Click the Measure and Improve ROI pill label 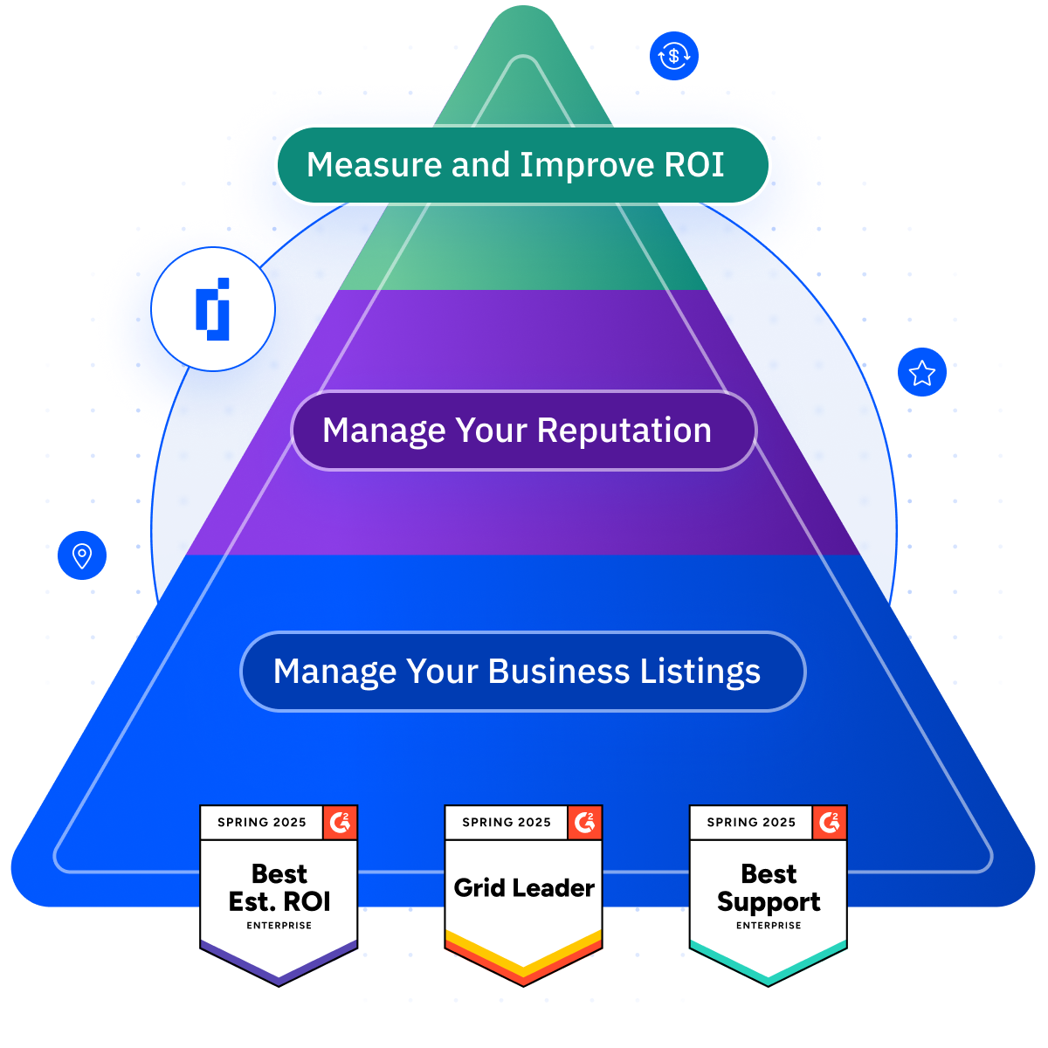pos(522,165)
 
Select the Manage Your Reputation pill pos(524,431)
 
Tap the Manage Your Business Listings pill pos(522,671)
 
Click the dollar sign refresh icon pos(674,56)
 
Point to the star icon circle pos(922,372)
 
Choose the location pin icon pos(82,555)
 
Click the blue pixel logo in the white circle pos(212,309)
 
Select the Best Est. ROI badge pos(279,895)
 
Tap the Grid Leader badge pos(524,895)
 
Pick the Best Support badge pos(769,895)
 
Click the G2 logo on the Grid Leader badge pos(585,823)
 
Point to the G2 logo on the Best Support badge pos(830,823)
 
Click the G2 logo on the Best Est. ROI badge pos(341,823)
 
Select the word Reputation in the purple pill pos(624,431)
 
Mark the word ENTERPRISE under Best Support pos(769,925)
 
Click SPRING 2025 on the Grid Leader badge pos(507,823)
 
